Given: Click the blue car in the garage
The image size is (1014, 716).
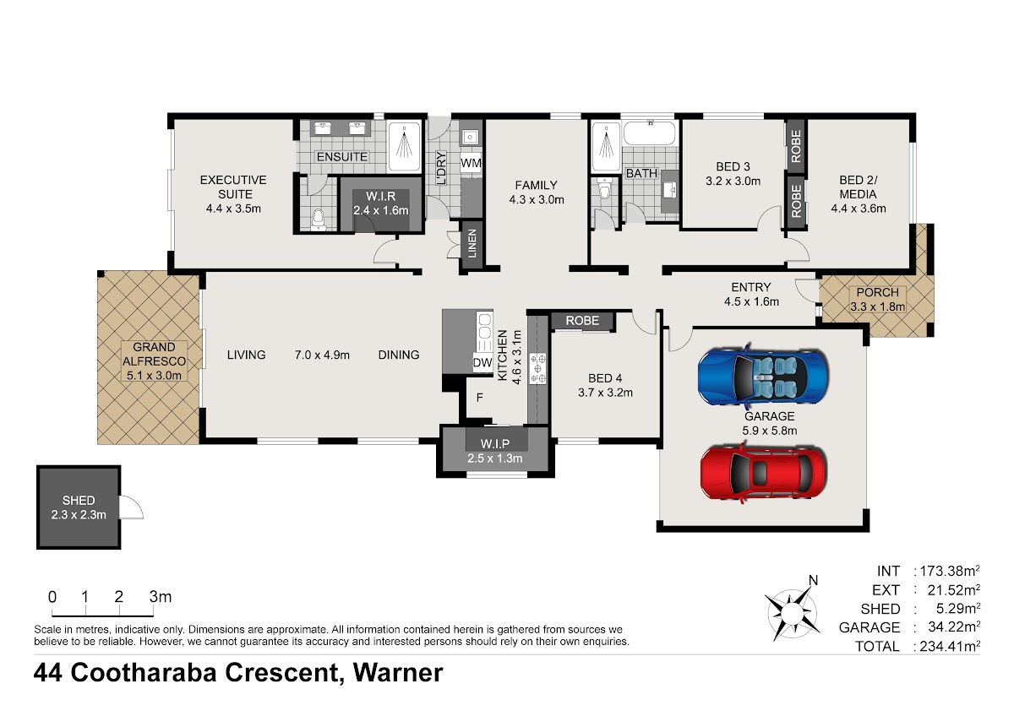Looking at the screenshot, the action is (x=763, y=376).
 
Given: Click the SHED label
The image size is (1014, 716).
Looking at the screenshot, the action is (x=79, y=500).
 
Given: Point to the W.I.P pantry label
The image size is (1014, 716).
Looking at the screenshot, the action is (x=495, y=444).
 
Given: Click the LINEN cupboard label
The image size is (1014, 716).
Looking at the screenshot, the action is (x=472, y=243).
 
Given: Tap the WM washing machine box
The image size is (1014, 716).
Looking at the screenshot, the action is (x=471, y=163).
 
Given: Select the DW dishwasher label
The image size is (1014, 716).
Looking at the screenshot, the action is (x=482, y=362).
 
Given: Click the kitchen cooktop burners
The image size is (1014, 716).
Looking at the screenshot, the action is (x=538, y=369).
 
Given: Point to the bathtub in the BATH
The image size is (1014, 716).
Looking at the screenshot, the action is (x=650, y=133).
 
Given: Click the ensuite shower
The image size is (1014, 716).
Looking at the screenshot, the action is (x=404, y=145).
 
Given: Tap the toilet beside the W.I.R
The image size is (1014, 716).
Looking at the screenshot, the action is (x=319, y=220).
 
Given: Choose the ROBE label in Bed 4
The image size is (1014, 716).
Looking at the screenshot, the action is (x=582, y=321).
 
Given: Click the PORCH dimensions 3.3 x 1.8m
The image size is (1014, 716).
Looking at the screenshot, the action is (x=877, y=306).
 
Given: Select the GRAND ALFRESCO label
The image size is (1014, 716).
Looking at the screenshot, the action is (x=154, y=354).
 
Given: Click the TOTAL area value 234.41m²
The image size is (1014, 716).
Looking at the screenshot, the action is (x=950, y=646).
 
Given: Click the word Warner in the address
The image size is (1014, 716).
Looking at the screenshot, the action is (x=398, y=672).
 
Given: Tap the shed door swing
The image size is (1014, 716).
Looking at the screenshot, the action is (x=131, y=507).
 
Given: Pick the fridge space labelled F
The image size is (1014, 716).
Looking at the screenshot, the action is (x=479, y=397).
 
